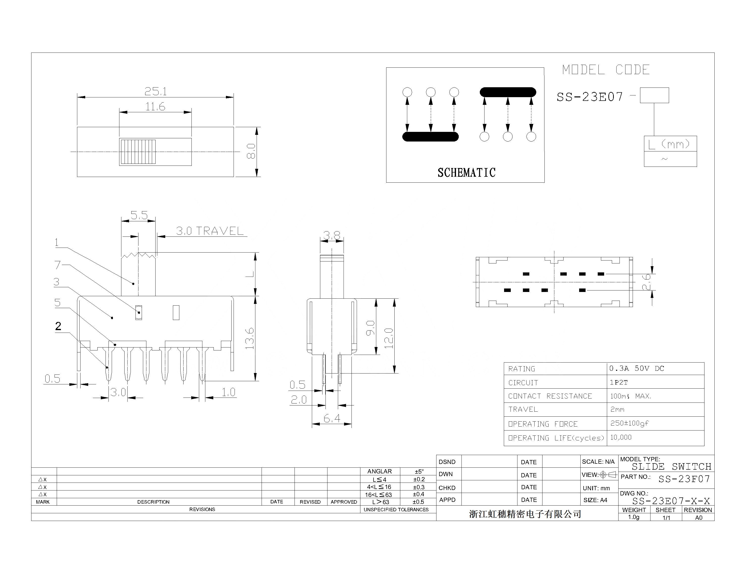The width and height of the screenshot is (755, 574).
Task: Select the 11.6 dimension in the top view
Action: [155, 107]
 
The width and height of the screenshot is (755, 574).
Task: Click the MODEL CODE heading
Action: [606, 70]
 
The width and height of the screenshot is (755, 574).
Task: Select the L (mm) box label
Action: [669, 144]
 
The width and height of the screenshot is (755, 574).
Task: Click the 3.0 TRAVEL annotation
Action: [210, 231]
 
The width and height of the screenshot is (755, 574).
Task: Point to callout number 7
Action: [57, 265]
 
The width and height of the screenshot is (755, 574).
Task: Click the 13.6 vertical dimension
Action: [250, 338]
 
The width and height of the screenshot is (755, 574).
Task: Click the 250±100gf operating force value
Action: [629, 423]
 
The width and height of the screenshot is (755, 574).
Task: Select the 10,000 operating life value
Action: [621, 437]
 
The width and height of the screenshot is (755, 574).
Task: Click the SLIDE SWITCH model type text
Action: [671, 466]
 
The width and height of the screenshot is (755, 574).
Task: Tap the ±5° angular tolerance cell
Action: [419, 471]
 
